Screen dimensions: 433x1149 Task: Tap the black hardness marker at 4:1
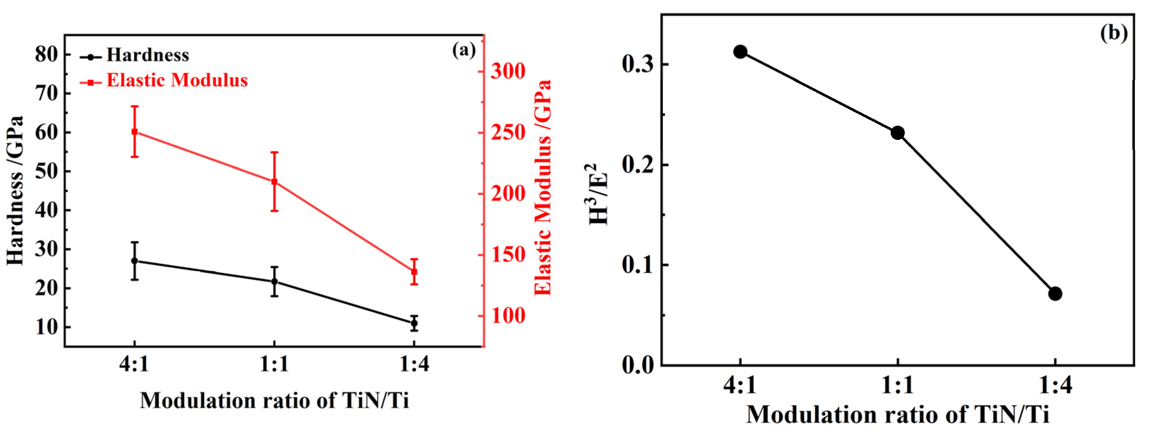[135, 261]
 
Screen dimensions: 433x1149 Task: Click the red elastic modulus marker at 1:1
[274, 182]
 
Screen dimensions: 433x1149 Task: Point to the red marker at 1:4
[414, 272]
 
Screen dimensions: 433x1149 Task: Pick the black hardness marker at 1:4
[414, 323]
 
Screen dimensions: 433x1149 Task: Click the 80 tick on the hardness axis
[46, 54]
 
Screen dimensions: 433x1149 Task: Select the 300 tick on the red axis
[508, 71]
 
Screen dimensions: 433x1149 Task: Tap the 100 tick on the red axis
[508, 316]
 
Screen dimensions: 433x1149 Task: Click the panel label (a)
[464, 49]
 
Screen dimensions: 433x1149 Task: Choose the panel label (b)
[1113, 33]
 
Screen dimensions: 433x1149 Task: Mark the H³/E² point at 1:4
[1055, 293]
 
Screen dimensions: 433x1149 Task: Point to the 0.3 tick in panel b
[638, 64]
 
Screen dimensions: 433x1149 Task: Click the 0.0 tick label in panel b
[638, 365]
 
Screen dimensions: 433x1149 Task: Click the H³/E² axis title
[598, 195]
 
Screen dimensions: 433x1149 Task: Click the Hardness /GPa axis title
[15, 191]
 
